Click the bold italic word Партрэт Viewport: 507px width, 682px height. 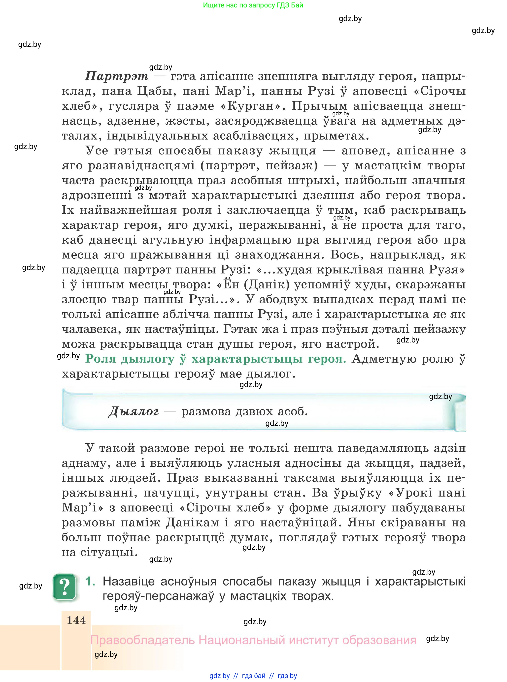point(116,76)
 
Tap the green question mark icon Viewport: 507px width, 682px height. point(65,587)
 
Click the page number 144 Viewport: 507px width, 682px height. point(76,620)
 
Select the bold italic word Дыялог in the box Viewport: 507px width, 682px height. point(134,411)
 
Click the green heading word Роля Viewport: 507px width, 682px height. point(101,359)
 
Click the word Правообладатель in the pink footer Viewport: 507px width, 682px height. point(142,640)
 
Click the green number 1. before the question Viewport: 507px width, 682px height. point(91,581)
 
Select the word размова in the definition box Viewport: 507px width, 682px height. point(206,411)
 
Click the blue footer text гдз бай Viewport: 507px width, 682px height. point(254,676)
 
